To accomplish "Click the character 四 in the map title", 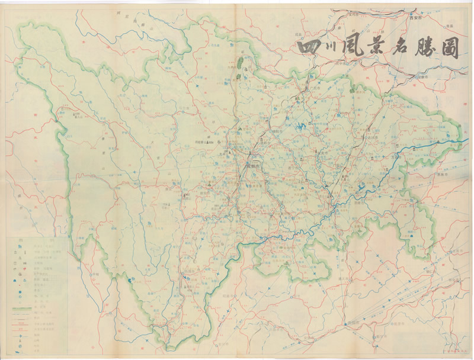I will (x=309, y=49).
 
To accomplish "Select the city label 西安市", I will (x=418, y=19).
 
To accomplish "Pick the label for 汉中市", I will (x=342, y=62).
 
